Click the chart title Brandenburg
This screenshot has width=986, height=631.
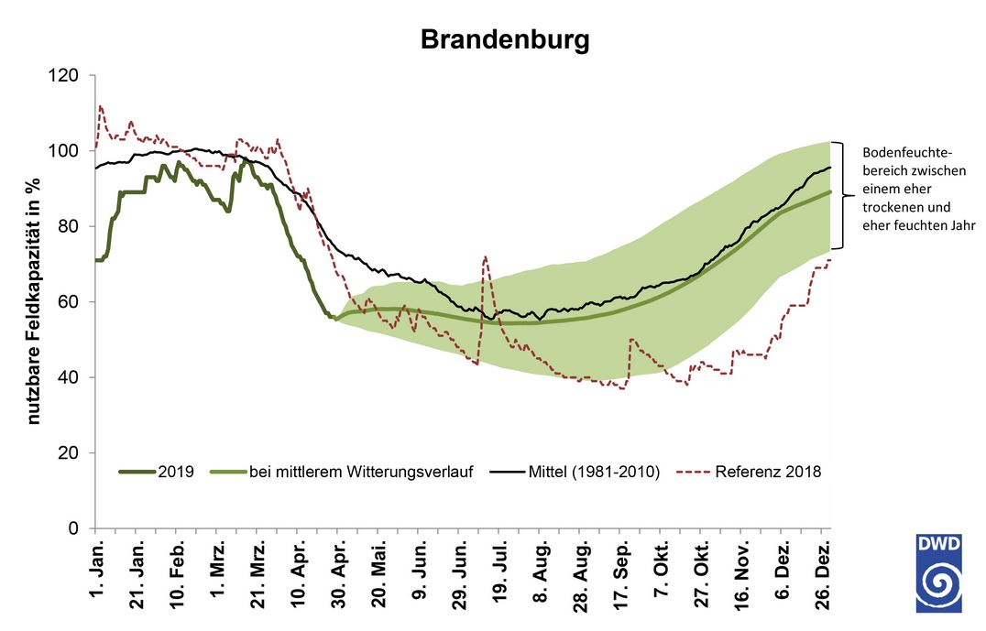505,40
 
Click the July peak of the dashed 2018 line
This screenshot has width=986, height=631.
485,257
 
